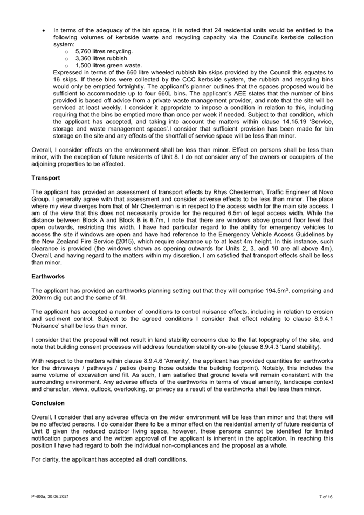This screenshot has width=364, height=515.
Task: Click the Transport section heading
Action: (x=46, y=177)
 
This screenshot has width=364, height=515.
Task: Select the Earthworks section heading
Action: (x=48, y=276)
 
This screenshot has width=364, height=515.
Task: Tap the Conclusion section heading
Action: (x=48, y=403)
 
